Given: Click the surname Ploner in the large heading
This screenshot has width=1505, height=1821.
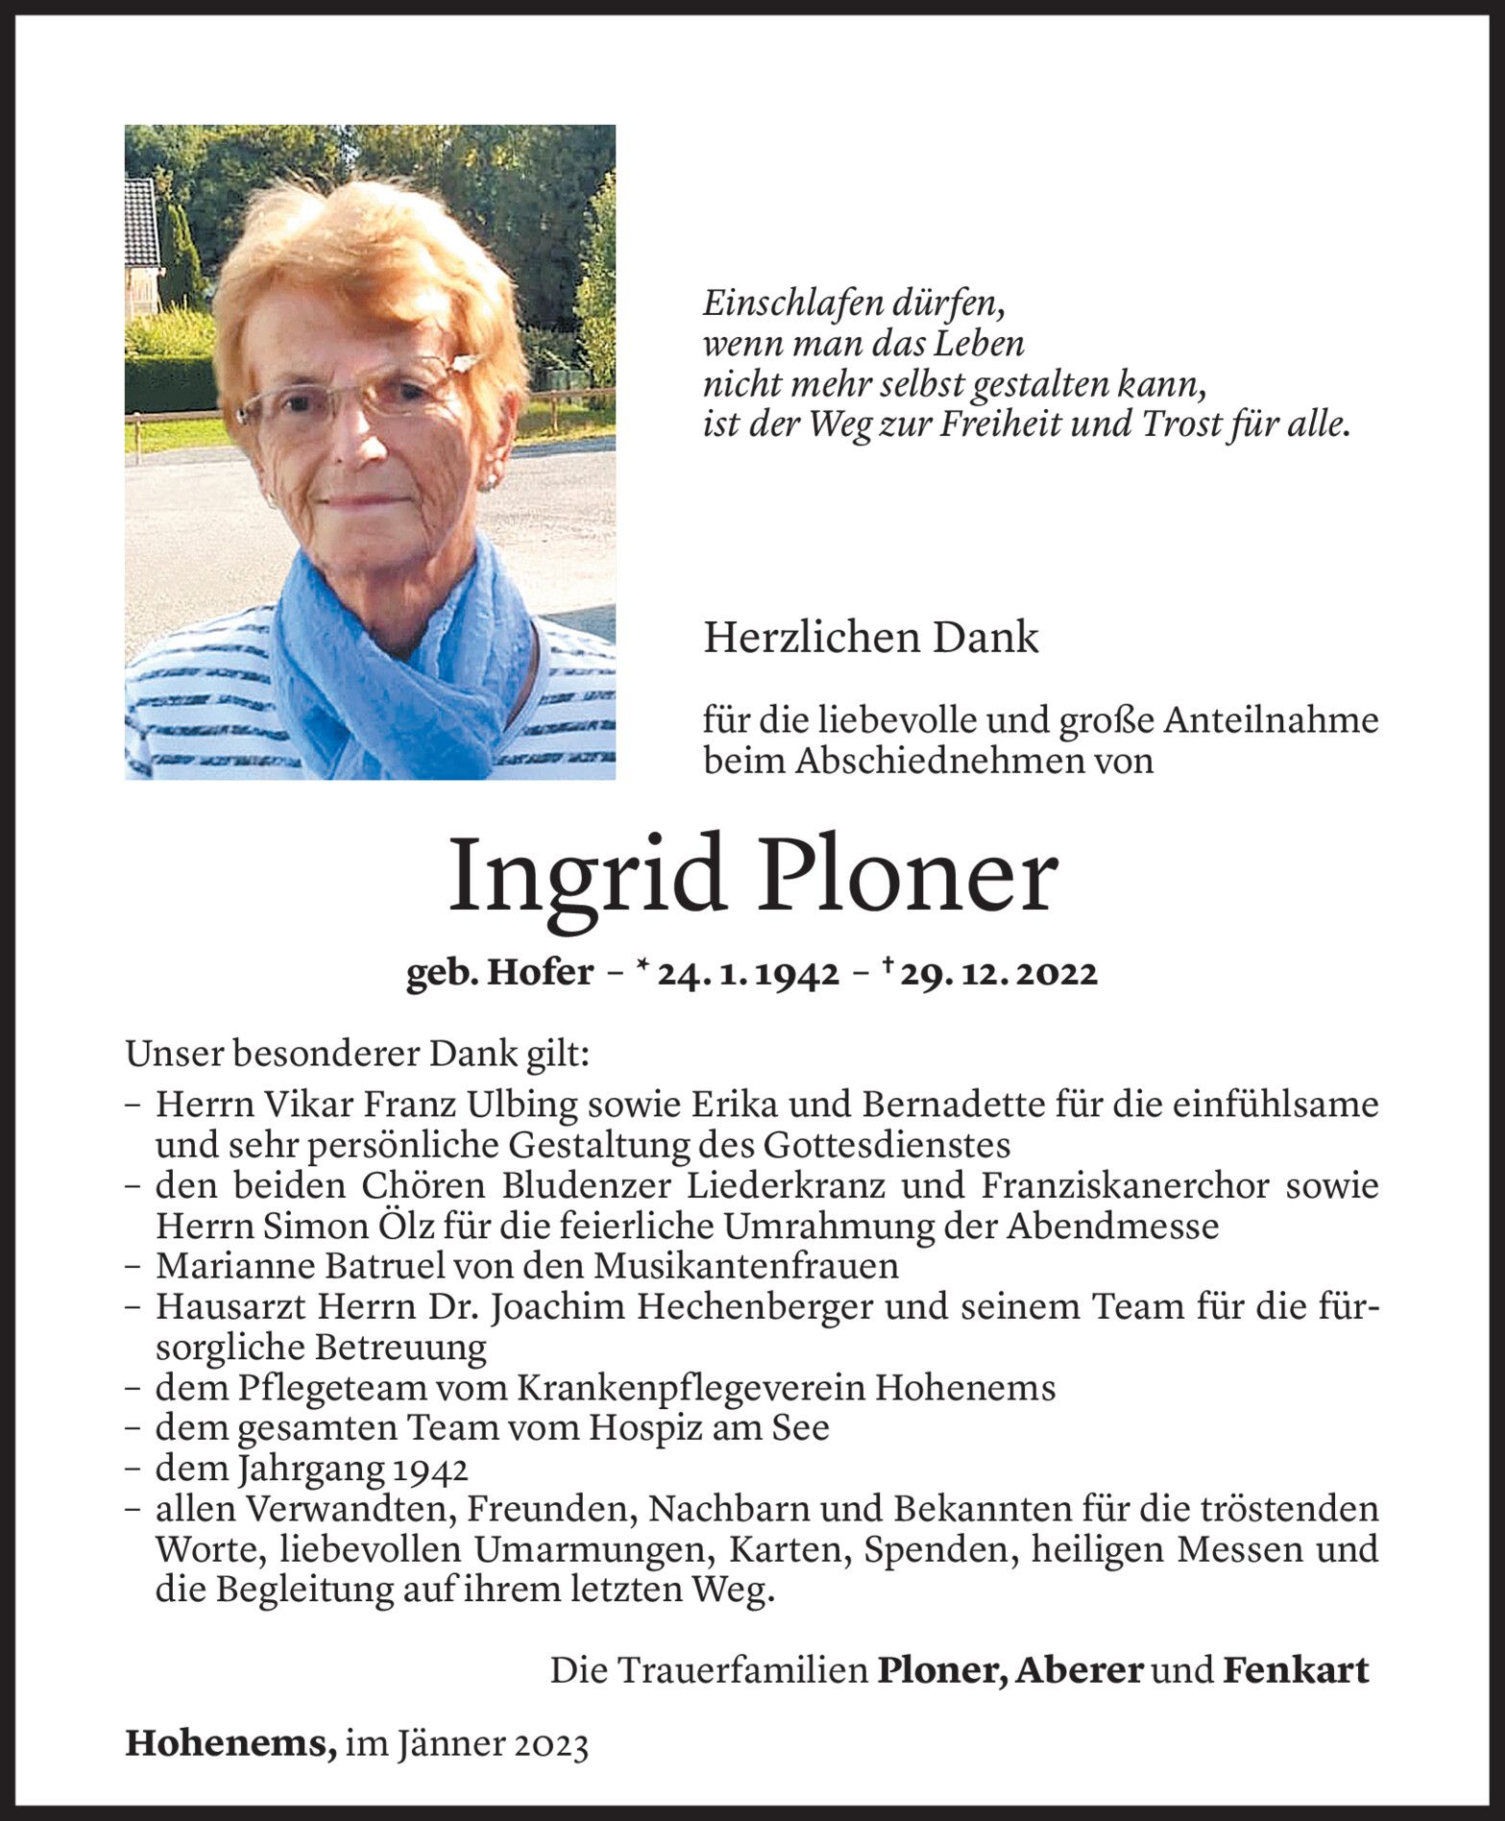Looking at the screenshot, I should coord(907,877).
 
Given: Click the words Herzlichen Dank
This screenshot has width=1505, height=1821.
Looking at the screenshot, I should coord(870,638).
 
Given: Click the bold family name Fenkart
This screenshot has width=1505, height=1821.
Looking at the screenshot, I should coord(1295,1671).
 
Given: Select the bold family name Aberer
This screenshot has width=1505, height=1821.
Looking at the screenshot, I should coord(1079,1671).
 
